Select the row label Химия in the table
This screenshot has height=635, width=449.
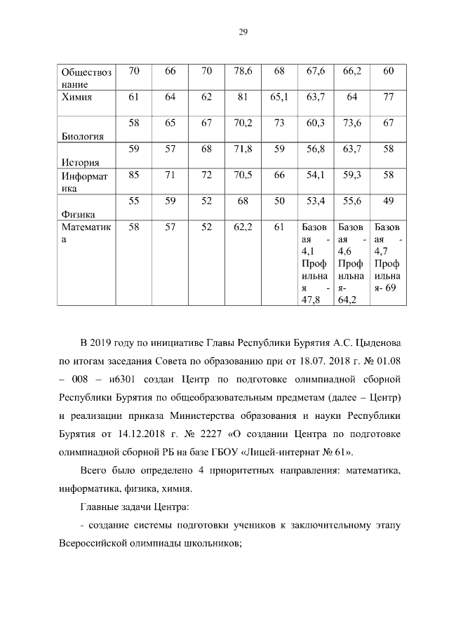point(77,97)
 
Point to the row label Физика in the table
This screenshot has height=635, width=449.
point(78,215)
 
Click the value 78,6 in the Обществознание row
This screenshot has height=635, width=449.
point(242,71)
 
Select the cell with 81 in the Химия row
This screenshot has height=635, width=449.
point(243,97)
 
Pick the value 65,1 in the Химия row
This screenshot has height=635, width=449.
point(279,97)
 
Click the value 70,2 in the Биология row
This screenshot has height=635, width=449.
point(242,123)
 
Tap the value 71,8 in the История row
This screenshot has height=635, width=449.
point(242,149)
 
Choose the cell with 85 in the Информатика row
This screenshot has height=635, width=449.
point(134,175)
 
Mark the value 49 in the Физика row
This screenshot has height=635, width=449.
point(389,201)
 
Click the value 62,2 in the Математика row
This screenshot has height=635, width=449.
point(242,227)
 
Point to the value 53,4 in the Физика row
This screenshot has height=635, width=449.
point(316,201)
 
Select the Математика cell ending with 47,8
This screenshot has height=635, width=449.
point(315,263)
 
